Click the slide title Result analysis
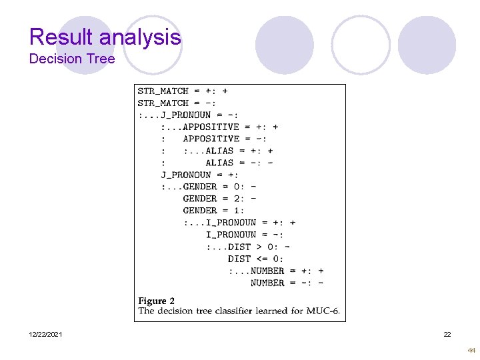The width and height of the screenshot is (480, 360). pos(105,37)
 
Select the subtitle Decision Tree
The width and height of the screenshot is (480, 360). pos(72,59)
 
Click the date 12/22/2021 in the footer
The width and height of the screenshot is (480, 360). pos(46,334)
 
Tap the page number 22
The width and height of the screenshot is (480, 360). pos(447,334)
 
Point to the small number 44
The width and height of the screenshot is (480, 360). pos(471,350)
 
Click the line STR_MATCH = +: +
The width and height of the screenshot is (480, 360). pos(183,91)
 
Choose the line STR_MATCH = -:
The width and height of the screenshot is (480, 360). pos(177,103)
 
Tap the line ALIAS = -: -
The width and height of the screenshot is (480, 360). pos(239,163)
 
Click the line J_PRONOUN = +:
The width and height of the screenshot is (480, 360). pos(199,175)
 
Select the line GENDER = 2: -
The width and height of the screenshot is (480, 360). pos(219,199)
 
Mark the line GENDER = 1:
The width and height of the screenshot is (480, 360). pos(213,211)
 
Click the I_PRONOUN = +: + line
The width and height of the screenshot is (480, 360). pos(251,223)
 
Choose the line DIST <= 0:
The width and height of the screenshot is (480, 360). pos(255,259)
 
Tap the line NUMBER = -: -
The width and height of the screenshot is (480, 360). pos(287,283)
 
